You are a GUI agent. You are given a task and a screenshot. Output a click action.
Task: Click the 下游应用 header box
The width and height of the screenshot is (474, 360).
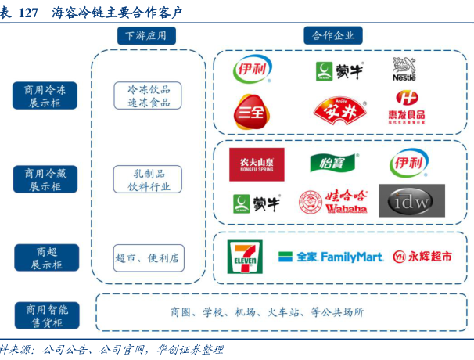[146, 35]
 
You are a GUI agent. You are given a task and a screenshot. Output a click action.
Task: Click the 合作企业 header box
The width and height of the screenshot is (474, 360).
[332, 35]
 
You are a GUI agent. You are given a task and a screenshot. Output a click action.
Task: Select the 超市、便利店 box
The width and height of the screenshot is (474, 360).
[147, 257]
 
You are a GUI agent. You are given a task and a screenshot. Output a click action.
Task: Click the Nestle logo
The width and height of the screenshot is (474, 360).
[410, 70]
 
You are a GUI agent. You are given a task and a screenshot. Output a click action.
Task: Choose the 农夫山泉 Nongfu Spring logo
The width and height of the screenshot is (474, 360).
[257, 164]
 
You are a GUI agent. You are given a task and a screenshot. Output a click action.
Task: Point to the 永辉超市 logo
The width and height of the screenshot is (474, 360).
[422, 256]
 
